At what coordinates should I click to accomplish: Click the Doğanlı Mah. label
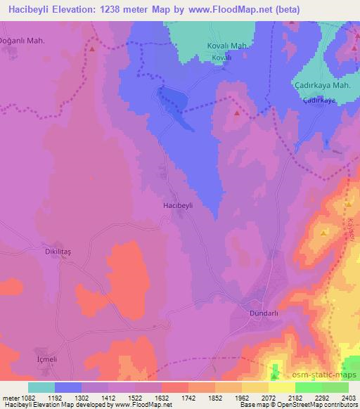[24, 41]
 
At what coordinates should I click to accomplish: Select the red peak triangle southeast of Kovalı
[236, 112]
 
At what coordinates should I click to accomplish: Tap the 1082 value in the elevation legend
[22, 397]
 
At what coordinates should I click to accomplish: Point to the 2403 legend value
[349, 397]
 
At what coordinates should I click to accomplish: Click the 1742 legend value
[188, 397]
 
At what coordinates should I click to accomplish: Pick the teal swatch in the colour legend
[41, 387]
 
